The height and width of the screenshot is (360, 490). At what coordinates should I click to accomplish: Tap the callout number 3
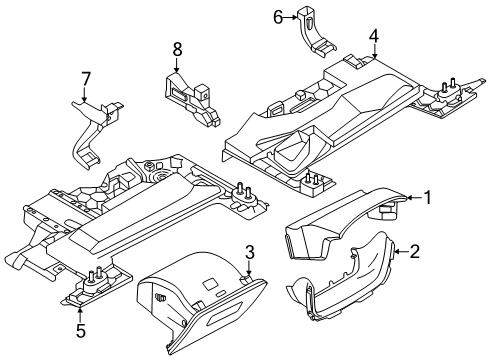(250, 253)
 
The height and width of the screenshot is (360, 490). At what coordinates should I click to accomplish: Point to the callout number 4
(373, 38)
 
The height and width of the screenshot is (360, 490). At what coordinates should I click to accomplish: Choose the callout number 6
(280, 16)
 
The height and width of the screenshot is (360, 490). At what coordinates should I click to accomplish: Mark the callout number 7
(86, 77)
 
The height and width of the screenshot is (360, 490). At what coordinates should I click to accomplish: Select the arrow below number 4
(373, 55)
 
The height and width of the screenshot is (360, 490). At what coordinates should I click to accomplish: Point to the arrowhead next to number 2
(397, 253)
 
